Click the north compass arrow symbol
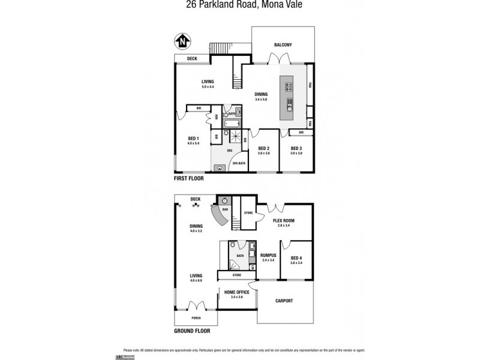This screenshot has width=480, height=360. click(x=182, y=41)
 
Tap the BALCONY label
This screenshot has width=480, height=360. click(x=283, y=46)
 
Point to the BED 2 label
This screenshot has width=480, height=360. click(x=263, y=148)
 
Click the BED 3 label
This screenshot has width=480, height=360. click(x=296, y=148)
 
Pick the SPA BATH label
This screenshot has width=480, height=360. click(x=238, y=163)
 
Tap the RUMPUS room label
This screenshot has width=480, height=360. click(x=268, y=255)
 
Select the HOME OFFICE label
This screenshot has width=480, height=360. click(x=236, y=292)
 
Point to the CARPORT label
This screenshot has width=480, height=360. click(x=284, y=301)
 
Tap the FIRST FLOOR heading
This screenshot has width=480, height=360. click(x=189, y=179)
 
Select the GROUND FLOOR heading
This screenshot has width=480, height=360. click(x=192, y=331)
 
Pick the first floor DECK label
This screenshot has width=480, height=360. click(x=192, y=58)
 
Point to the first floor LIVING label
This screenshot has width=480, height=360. click(x=208, y=82)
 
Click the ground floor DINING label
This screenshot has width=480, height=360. click(x=196, y=226)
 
